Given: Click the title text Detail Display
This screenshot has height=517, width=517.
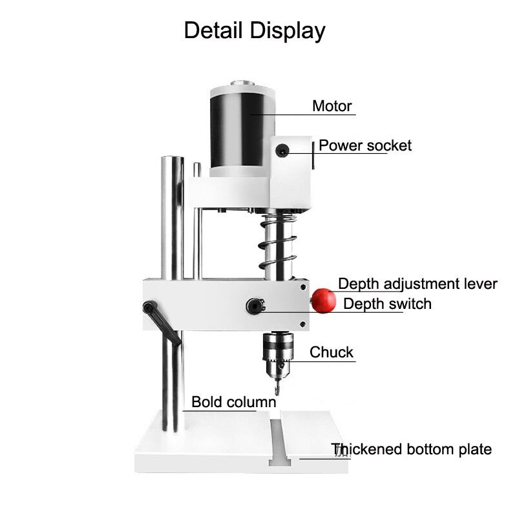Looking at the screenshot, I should click(x=255, y=30).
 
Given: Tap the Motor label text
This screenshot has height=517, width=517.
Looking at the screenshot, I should click(x=332, y=106).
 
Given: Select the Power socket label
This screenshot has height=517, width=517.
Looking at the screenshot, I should click(x=365, y=145).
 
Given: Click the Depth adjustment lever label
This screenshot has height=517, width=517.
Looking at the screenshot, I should click(x=417, y=284).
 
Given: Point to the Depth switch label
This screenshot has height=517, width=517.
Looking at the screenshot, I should click(x=387, y=304).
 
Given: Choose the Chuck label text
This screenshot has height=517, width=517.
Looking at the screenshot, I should click(x=332, y=352).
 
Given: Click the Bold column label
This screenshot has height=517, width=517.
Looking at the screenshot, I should click(x=233, y=402).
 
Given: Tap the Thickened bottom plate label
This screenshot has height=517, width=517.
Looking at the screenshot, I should click(x=412, y=449).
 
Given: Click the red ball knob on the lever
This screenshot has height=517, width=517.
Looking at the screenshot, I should click(x=323, y=300).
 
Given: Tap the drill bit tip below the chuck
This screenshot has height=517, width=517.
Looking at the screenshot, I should click(x=277, y=388).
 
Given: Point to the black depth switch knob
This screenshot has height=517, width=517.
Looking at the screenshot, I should click(x=253, y=305).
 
